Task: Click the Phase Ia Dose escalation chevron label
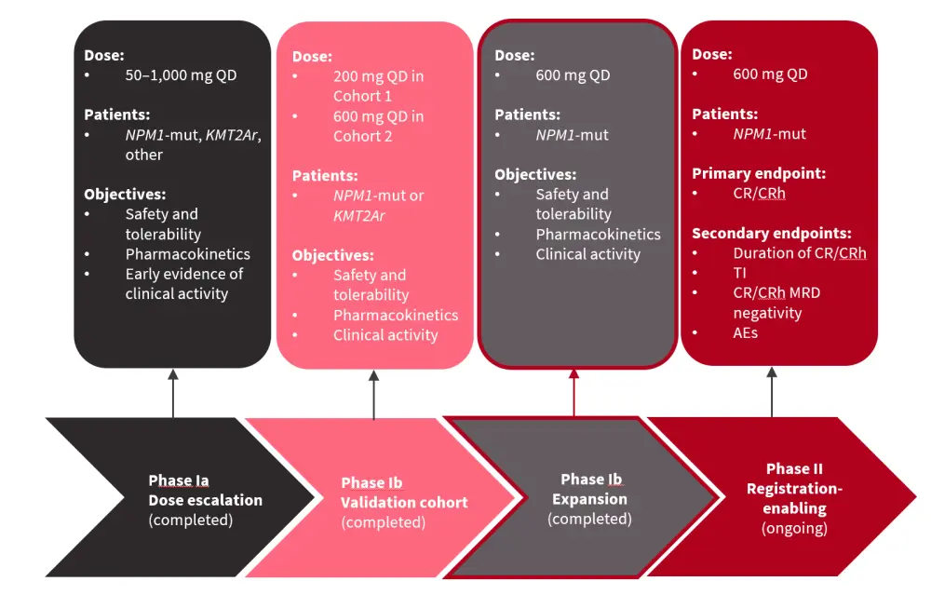pyautogui.click(x=205, y=500)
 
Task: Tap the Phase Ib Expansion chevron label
pyautogui.click(x=589, y=498)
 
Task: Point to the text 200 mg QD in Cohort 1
pyautogui.click(x=377, y=86)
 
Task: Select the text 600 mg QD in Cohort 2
pyautogui.click(x=377, y=126)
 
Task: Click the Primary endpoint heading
pyautogui.click(x=759, y=173)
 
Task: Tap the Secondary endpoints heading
pyautogui.click(x=772, y=233)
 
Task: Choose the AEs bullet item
pyautogui.click(x=745, y=332)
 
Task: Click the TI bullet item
pyautogui.click(x=740, y=273)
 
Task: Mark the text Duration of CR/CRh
pyautogui.click(x=799, y=252)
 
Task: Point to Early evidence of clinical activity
pyautogui.click(x=183, y=283)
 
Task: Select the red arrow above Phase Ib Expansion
pyautogui.click(x=574, y=392)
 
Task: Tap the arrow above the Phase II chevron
pyautogui.click(x=772, y=391)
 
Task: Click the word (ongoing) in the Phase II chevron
pyautogui.click(x=794, y=529)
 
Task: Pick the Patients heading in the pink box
pyautogui.click(x=324, y=175)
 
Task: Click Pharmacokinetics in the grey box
pyautogui.click(x=598, y=234)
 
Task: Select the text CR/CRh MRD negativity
pyautogui.click(x=776, y=303)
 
